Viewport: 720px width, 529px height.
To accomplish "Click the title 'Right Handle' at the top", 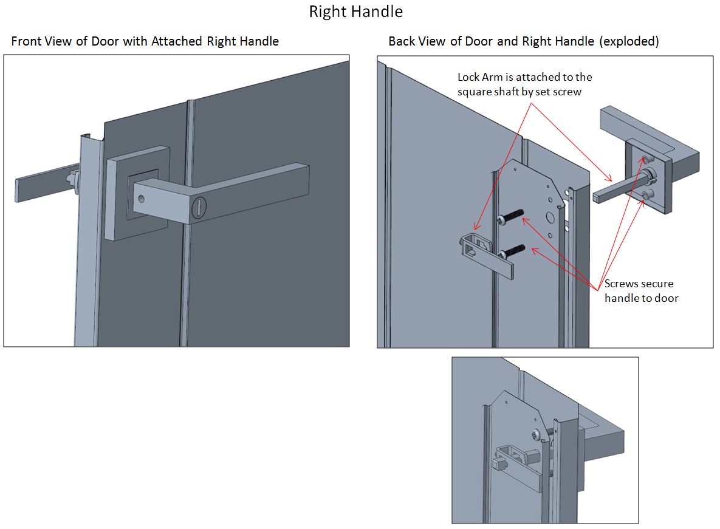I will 355,12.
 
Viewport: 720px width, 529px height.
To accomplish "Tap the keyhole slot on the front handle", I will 197,208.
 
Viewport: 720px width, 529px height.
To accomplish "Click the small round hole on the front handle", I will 142,199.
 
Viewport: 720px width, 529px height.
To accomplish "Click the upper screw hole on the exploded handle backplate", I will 645,160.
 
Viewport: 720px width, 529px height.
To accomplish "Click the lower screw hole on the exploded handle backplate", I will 645,194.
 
